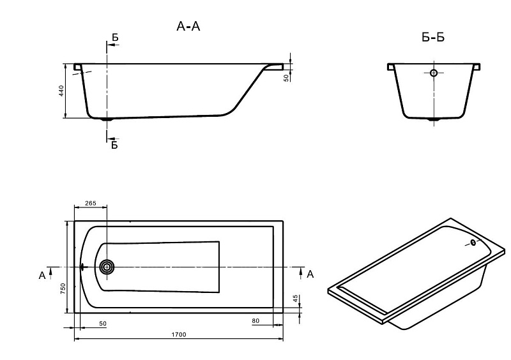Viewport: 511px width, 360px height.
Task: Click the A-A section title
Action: coord(189,27)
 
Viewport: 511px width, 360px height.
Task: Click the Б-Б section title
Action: coord(433,38)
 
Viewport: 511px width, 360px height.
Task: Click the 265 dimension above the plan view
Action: coord(90,204)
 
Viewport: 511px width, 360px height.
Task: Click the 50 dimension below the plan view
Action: coord(103,324)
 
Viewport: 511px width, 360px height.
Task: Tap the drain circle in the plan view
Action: coord(107,267)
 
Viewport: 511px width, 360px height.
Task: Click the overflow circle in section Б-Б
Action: coord(434,73)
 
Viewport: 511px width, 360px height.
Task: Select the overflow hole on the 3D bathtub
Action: coord(473,243)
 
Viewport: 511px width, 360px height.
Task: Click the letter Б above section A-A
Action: coord(115,38)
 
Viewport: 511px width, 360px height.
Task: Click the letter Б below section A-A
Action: coord(115,146)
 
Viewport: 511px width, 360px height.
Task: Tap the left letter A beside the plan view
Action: coord(42,275)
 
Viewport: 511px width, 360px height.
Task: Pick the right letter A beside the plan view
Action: coord(310,274)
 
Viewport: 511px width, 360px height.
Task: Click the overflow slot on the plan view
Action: coord(82,267)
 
